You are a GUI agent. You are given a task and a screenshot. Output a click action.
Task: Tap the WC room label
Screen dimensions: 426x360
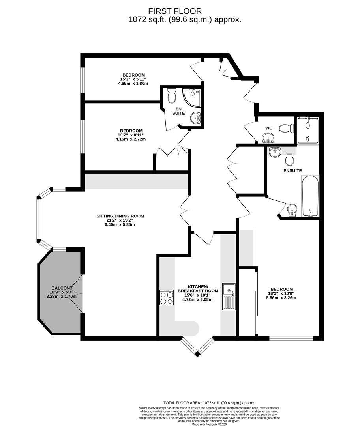coord(269,128)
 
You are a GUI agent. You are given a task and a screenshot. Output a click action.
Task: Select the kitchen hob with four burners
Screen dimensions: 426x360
coord(167,297)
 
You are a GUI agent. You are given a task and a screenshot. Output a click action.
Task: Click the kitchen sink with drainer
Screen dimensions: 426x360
coord(229,296)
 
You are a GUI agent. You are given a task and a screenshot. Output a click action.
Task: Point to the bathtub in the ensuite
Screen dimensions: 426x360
coord(310,196)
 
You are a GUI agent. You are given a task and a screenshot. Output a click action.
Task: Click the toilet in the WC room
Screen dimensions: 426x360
coord(286,128)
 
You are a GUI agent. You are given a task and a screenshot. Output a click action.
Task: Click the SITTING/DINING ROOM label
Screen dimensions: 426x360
coord(120,216)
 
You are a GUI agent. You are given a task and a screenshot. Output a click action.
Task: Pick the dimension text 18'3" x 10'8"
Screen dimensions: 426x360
coord(282,293)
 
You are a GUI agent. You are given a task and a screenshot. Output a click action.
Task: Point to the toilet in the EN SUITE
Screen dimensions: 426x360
coord(172,95)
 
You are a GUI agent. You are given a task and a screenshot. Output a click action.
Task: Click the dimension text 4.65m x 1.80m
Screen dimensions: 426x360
coord(133,84)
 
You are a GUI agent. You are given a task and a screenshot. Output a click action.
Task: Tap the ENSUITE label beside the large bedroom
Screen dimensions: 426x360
coord(292,170)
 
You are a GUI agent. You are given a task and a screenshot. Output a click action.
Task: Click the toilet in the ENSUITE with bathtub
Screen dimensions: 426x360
coord(290,159)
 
